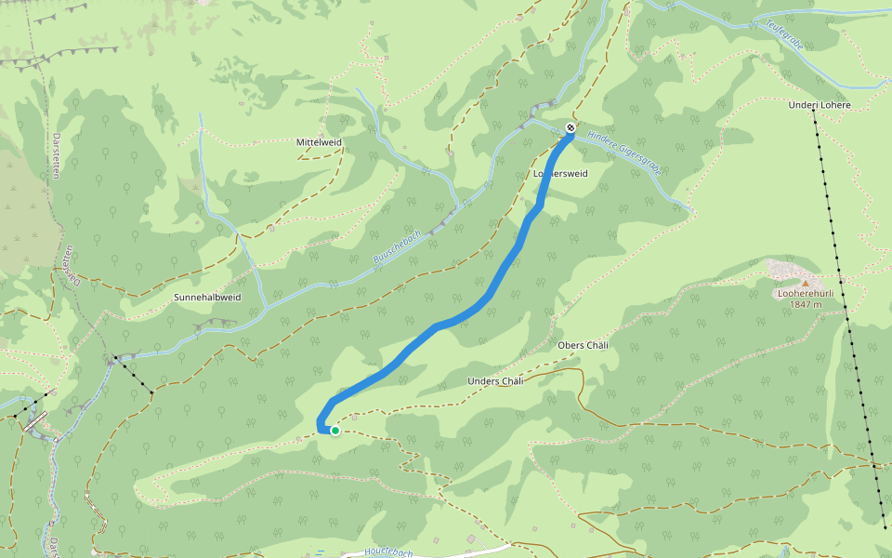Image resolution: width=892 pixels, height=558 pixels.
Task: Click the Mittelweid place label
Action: [x=319, y=142]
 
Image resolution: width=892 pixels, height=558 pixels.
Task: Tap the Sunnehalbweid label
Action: [x=207, y=298]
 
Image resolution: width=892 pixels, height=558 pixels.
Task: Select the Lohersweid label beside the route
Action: [x=561, y=174]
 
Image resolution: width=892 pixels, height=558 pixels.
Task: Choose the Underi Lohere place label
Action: [x=819, y=105]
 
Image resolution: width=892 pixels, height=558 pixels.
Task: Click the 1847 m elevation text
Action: [x=806, y=304]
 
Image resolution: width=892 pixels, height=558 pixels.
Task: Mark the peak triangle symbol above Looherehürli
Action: [x=806, y=281]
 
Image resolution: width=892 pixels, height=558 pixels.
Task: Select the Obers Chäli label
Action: [x=583, y=345]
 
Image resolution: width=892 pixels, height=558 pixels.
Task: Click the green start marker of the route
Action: [x=334, y=431]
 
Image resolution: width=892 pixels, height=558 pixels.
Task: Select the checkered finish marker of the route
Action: [x=571, y=127]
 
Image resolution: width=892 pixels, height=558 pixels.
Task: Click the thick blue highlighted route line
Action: [x=483, y=299]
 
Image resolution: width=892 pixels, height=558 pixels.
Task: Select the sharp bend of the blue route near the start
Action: [x=321, y=426]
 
